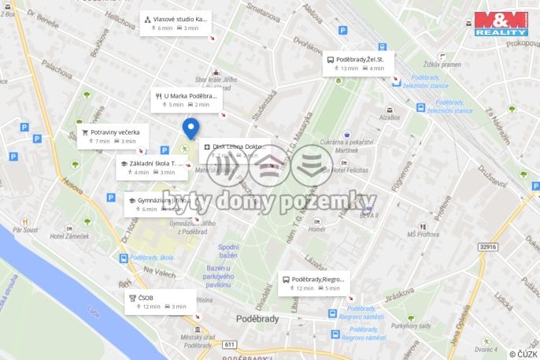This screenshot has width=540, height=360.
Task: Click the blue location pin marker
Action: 190,128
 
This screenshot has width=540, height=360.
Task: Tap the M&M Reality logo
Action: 501,24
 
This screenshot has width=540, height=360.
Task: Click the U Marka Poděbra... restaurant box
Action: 187,100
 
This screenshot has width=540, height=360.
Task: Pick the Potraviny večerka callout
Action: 112,136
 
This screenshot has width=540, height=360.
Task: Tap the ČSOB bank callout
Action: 159,302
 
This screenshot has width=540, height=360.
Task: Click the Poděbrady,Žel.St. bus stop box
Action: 356,64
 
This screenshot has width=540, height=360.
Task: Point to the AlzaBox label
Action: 389,117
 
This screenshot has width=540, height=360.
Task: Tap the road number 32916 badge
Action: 488,247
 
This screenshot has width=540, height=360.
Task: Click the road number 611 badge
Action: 230,345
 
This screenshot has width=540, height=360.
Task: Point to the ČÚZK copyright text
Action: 523,354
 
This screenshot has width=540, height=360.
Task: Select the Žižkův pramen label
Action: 463,65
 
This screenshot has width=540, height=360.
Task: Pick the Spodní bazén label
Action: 227,251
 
